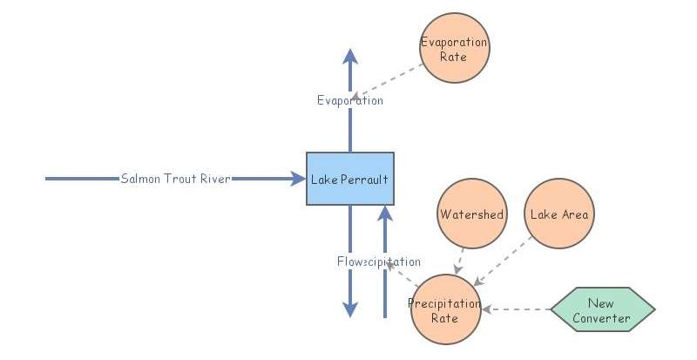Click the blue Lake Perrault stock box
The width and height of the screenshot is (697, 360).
click(x=349, y=179)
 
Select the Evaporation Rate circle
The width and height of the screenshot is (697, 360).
click(x=454, y=49)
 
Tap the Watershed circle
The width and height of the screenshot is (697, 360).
click(x=471, y=214)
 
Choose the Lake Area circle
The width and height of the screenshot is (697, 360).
click(x=558, y=214)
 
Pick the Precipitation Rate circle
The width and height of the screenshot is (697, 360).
click(x=445, y=311)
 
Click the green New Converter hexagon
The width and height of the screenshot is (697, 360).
click(x=602, y=310)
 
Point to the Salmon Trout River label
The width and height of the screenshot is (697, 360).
click(x=176, y=179)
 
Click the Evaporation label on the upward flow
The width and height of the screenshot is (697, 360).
click(x=349, y=100)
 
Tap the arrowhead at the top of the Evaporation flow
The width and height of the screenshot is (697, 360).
click(x=350, y=57)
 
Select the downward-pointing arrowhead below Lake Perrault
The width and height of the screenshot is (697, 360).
click(x=349, y=309)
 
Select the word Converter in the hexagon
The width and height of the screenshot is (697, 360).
click(x=601, y=318)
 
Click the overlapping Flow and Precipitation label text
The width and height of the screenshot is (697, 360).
click(x=378, y=262)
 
